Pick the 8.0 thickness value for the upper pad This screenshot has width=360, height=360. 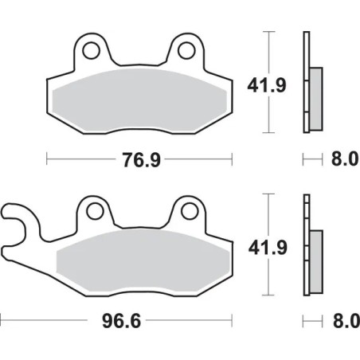point(340,160)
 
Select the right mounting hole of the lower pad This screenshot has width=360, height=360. point(189,213)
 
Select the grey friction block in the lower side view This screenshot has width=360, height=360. point(316,257)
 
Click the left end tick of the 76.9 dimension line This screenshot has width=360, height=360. point(47,160)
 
